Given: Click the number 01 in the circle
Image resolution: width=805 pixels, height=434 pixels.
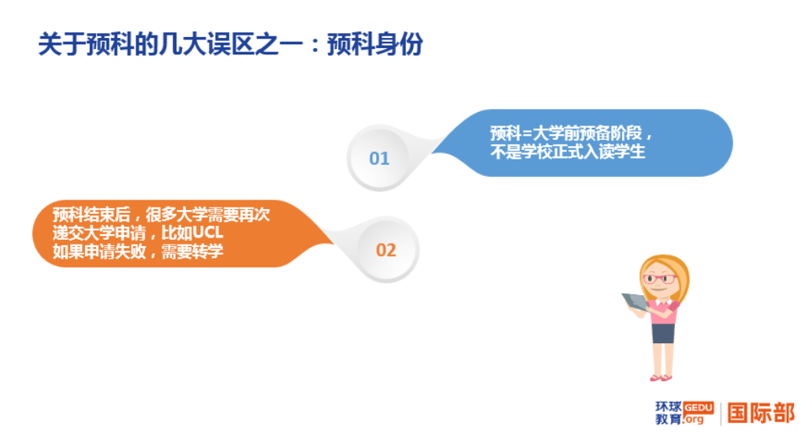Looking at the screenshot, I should (x=379, y=159).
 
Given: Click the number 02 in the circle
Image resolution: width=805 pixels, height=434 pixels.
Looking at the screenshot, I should (x=386, y=250).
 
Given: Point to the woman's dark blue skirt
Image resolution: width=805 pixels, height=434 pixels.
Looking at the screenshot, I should (x=663, y=332).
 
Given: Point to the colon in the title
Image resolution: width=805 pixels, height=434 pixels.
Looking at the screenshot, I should (x=313, y=46).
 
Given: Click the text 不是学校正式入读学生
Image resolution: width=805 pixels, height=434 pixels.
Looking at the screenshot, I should (x=568, y=152).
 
